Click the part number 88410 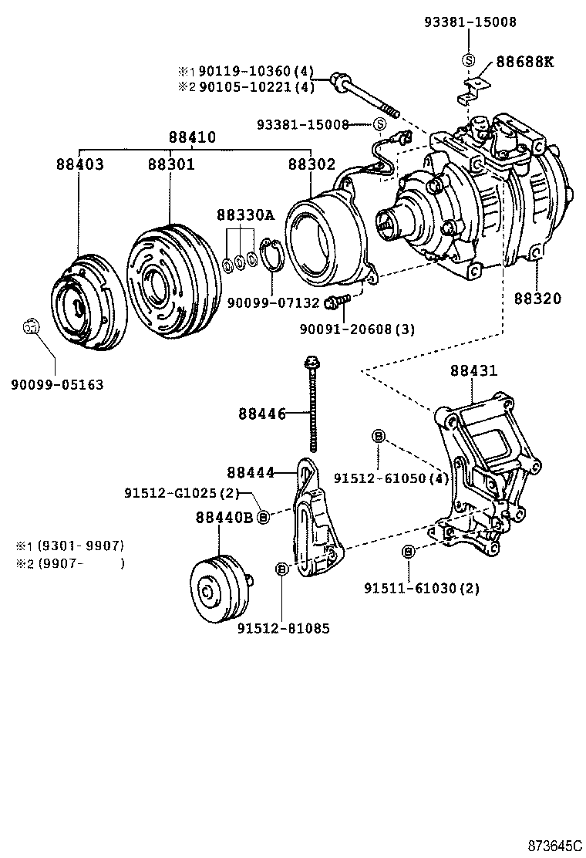click(x=193, y=138)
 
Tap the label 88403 click(x=79, y=164)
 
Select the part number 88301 click(x=171, y=164)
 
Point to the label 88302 click(x=312, y=164)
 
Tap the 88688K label click(x=524, y=62)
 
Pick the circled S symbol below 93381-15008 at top click(x=468, y=61)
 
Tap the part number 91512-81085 click(x=283, y=629)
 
